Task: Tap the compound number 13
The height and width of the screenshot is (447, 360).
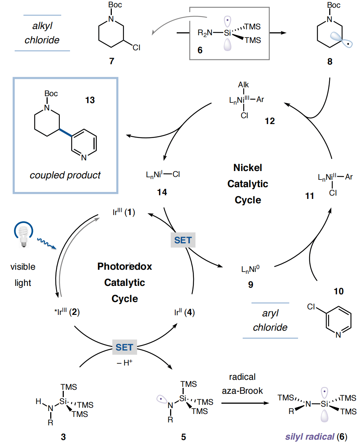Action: click(x=90, y=100)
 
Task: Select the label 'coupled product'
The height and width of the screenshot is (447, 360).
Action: click(x=65, y=175)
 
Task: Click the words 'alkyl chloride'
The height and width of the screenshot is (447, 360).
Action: click(x=42, y=33)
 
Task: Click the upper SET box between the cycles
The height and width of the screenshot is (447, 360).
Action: click(x=183, y=240)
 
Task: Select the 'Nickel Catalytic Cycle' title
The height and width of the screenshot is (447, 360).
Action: click(x=248, y=183)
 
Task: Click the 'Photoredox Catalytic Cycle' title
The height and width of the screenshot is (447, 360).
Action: click(x=125, y=282)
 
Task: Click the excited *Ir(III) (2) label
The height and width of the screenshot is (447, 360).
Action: click(x=67, y=313)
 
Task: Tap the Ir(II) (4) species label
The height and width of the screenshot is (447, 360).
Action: click(x=185, y=313)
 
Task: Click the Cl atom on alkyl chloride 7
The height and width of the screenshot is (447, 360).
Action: click(x=136, y=48)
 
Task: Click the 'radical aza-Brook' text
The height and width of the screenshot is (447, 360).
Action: click(x=242, y=384)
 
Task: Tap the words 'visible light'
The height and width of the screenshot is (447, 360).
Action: click(x=23, y=275)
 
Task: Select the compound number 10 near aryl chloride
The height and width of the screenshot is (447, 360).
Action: click(x=339, y=291)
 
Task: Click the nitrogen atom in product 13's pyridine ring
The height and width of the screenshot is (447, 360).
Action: click(x=84, y=158)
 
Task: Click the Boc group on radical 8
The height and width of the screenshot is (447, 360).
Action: click(x=334, y=5)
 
